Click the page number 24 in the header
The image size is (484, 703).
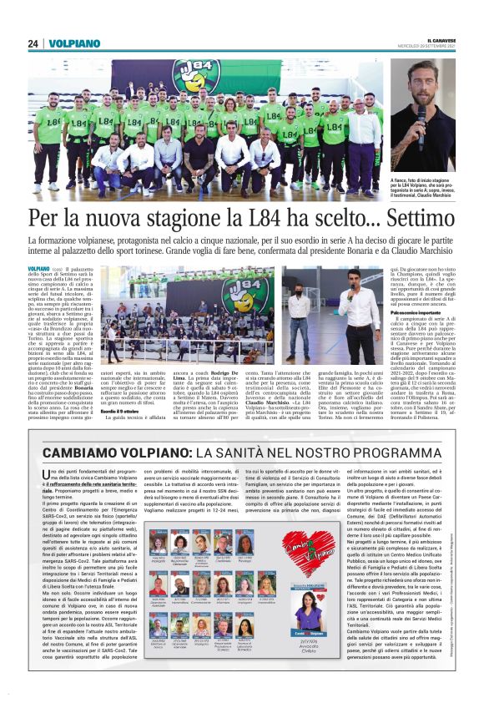click(33, 43)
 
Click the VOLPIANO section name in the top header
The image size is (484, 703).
click(74, 43)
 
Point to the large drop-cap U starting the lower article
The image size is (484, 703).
click(48, 474)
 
